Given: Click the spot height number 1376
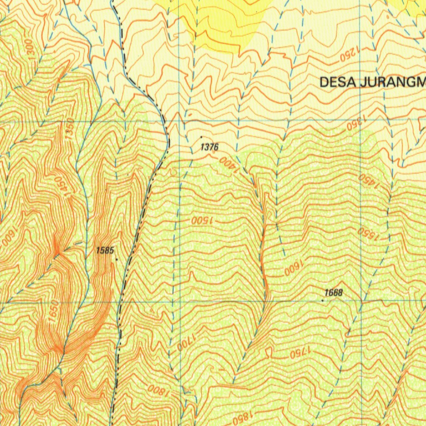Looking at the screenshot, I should (209, 147).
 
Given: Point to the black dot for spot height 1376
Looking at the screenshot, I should (202, 137).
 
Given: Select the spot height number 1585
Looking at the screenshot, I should (104, 250).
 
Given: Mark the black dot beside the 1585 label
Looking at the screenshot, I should (116, 259).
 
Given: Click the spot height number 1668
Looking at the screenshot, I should (334, 293).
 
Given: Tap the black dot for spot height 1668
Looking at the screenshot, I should (323, 300).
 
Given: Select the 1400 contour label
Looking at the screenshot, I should (228, 165).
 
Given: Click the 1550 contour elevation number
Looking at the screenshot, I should (368, 234).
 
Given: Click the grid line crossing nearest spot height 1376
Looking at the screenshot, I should (179, 121).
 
